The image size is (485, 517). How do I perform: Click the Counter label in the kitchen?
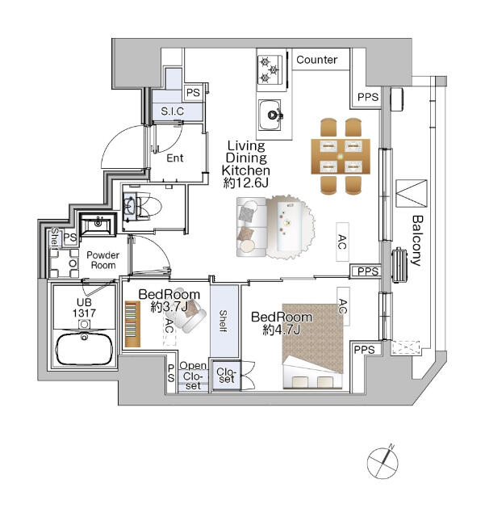tap(316, 60)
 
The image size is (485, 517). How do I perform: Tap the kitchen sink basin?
tap(270, 115)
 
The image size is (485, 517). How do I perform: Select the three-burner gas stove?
tap(270, 69)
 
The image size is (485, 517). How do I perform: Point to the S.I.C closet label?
tap(173, 111)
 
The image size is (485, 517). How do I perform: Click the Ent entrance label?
tap(175, 158)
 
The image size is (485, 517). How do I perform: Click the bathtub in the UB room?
tap(85, 348)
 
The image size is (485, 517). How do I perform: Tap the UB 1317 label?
tap(85, 307)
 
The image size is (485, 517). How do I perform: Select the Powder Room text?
tap(103, 260)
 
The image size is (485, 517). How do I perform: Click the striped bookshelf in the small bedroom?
tap(133, 324)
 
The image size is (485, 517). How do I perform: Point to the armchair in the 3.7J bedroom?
tap(190, 313)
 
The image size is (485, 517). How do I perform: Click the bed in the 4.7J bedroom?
tap(312, 346)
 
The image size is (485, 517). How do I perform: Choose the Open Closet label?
tap(193, 376)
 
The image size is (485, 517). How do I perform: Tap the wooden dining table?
tap(341, 156)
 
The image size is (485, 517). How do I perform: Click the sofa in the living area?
tap(252, 227)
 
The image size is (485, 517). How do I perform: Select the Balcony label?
tap(416, 241)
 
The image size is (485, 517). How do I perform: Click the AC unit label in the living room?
tap(343, 242)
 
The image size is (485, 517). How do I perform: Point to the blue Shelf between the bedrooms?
tap(224, 321)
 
